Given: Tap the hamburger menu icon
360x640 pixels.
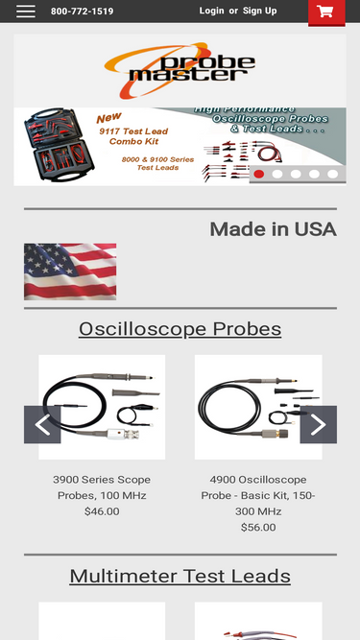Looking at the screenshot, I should [x=26, y=12].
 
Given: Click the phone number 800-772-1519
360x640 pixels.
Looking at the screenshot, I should [x=82, y=12].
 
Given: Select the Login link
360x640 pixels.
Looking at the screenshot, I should [x=211, y=12].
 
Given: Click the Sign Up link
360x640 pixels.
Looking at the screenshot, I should [x=259, y=12].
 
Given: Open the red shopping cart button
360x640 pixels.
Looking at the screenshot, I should [x=325, y=12].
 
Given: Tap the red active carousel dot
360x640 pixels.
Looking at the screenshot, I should [x=258, y=174].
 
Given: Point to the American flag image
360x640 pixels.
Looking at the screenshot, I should [x=70, y=272].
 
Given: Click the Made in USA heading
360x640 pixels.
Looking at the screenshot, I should [x=273, y=229].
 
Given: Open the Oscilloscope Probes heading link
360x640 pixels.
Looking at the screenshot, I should [x=180, y=329].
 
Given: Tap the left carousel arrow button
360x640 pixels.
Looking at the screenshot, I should [x=42, y=424].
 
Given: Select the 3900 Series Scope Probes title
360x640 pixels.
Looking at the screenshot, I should [x=102, y=486].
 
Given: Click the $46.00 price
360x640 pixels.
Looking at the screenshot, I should [x=102, y=511].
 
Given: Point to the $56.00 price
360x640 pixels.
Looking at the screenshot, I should [x=258, y=527].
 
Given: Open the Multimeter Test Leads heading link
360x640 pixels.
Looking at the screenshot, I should [x=180, y=577].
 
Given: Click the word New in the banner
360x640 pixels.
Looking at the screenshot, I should [x=109, y=119].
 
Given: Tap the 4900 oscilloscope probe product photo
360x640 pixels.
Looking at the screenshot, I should [x=257, y=408].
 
